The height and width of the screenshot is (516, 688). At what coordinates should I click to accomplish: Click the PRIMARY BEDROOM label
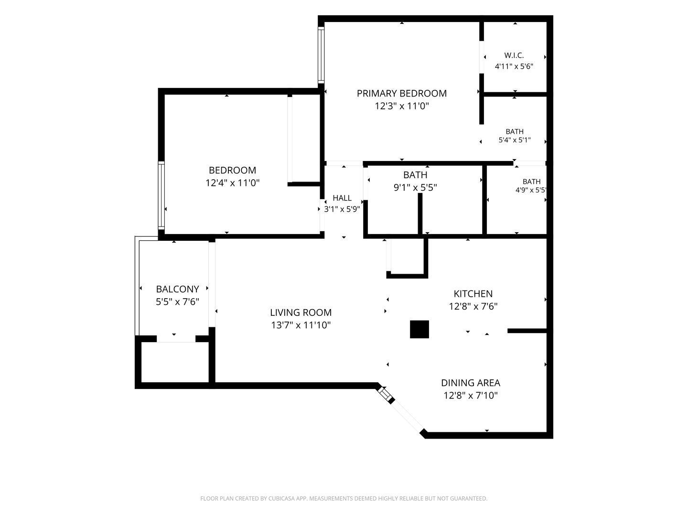point(401,93)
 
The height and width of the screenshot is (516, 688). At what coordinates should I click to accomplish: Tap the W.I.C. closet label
point(514,55)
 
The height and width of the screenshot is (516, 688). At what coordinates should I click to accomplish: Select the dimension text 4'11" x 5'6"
point(514,66)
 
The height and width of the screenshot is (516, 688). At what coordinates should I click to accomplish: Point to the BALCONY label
point(177,289)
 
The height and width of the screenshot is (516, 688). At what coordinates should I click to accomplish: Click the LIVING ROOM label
point(301,312)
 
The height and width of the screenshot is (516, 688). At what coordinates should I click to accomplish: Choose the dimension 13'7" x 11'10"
point(301,325)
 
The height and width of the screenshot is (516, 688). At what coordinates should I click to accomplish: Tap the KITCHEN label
point(473,293)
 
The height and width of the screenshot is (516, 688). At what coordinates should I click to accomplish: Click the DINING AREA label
point(471,383)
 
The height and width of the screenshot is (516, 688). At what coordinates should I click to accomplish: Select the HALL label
point(342,198)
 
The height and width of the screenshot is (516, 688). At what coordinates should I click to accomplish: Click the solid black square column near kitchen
point(419,329)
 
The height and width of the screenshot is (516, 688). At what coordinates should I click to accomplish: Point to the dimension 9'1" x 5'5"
point(415,187)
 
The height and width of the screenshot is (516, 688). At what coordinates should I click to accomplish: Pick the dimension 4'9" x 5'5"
point(531,190)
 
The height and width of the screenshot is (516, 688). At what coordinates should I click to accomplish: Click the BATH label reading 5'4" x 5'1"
point(515,131)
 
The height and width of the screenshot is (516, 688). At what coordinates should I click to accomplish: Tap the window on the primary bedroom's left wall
point(321,55)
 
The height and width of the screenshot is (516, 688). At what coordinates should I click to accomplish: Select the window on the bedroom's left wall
point(161,195)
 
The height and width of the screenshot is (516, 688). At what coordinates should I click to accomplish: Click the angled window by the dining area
point(386,395)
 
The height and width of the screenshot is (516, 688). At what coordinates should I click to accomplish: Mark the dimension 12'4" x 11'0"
point(232,183)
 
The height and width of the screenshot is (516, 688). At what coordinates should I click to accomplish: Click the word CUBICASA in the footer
point(281,498)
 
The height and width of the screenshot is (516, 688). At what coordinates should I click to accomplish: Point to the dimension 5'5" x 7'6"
point(177,301)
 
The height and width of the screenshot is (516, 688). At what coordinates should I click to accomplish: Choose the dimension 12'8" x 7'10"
point(471,396)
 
